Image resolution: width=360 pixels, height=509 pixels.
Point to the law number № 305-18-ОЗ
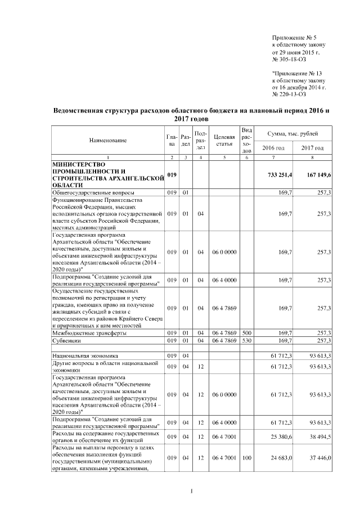tap(289, 59)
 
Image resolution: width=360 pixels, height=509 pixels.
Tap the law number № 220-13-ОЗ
tap(289, 95)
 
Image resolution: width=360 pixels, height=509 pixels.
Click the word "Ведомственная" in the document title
tap(81, 111)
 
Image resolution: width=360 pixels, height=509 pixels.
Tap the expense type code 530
tap(246, 340)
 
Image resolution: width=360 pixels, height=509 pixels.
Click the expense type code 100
tap(246, 459)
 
